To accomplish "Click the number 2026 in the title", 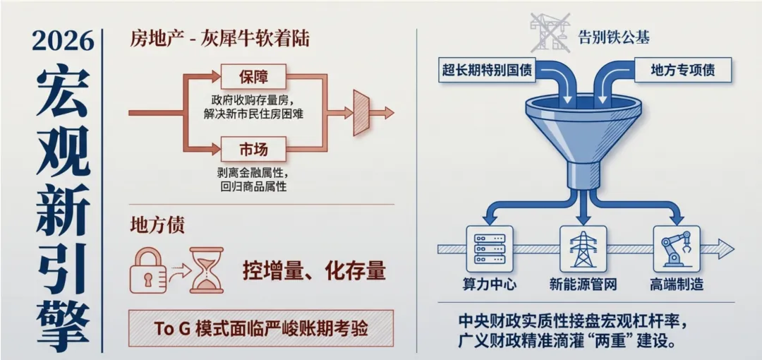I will coord(63,40).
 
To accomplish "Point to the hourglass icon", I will coord(206,270).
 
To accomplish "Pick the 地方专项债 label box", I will coord(682,69).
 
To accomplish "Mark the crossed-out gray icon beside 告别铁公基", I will coord(550,33).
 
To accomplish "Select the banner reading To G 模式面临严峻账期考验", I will coord(261,328).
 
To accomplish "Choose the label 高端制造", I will coord(676,285).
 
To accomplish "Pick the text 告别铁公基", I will coord(614,37).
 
